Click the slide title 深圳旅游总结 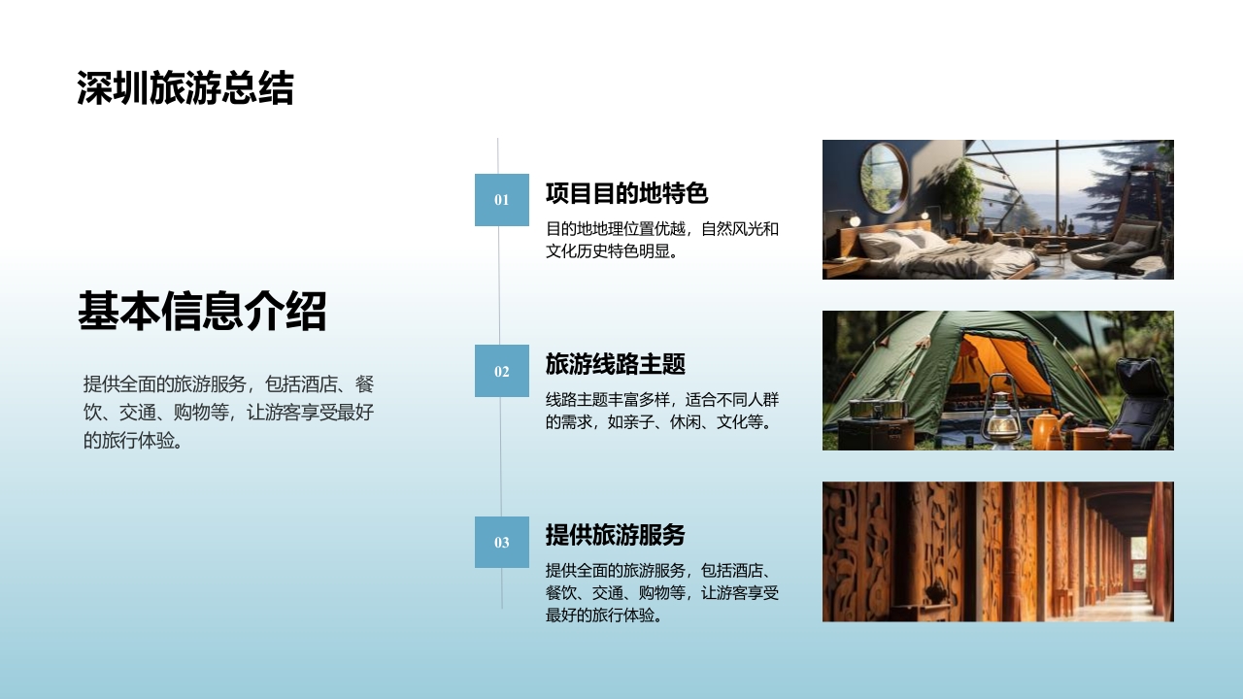click(x=185, y=88)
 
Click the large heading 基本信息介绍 click(x=202, y=312)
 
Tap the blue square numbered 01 click(x=501, y=200)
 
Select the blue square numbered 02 click(x=501, y=371)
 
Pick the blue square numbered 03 click(x=501, y=542)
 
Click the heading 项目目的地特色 click(x=626, y=193)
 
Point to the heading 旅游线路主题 click(x=615, y=364)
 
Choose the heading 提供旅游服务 click(x=615, y=535)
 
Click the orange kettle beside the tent click(x=1047, y=429)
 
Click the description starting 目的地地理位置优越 click(x=662, y=241)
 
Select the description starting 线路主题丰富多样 click(x=662, y=411)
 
